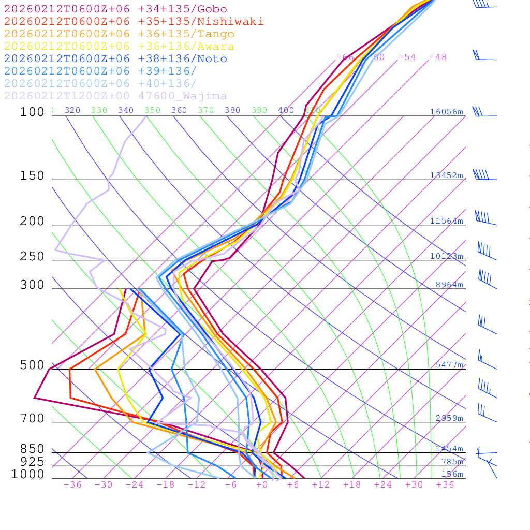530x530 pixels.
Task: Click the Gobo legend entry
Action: click(x=115, y=9)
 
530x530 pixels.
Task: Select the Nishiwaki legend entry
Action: click(x=134, y=22)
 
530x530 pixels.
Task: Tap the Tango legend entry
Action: click(x=119, y=34)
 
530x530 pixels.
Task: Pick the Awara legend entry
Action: click(x=119, y=47)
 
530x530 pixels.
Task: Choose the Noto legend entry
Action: click(x=115, y=59)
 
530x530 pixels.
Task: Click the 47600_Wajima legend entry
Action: click(x=115, y=96)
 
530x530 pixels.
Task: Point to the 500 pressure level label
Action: click(x=32, y=365)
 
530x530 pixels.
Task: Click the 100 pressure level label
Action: click(x=32, y=112)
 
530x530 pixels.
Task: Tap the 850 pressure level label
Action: click(x=32, y=449)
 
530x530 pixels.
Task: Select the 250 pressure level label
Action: click(x=32, y=257)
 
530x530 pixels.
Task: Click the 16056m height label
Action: click(x=446, y=112)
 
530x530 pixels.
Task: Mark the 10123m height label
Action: click(x=446, y=256)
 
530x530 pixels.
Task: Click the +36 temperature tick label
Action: click(x=445, y=484)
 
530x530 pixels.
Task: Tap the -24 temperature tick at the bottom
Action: click(x=135, y=484)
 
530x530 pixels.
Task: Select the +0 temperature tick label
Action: click(x=262, y=484)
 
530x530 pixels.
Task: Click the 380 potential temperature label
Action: click(x=232, y=110)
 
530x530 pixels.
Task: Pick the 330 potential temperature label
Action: click(x=99, y=110)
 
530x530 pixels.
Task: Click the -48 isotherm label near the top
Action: click(x=437, y=57)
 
